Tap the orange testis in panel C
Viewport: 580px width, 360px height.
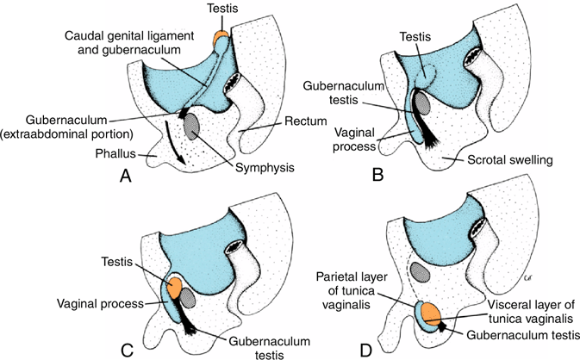tap(174, 288)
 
